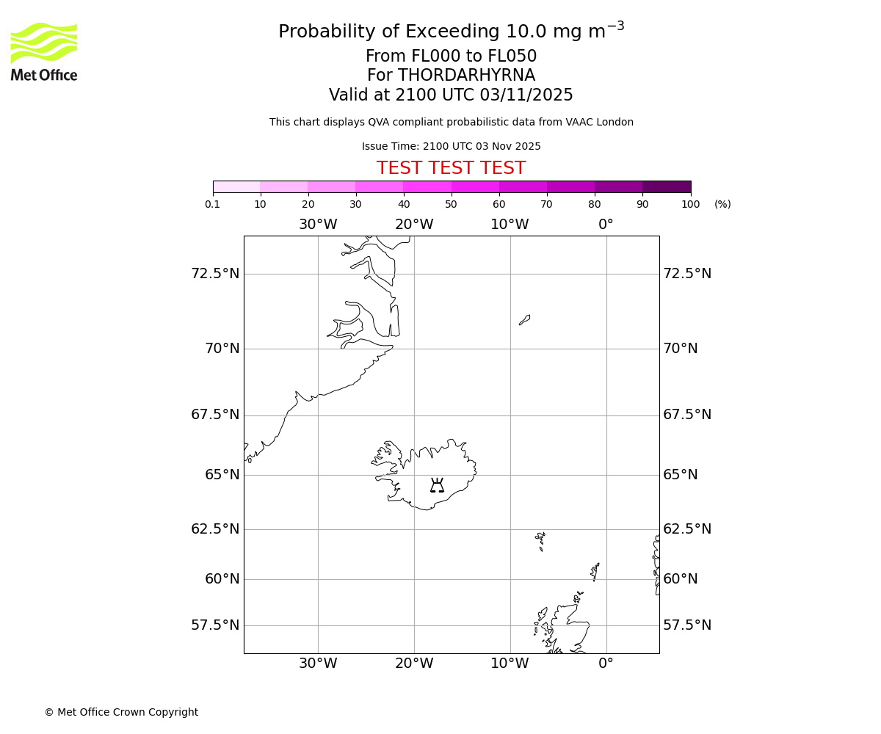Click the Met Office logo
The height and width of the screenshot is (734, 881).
tap(44, 51)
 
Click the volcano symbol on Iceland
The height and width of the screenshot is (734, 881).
tap(437, 485)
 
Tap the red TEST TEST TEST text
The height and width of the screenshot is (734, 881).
tap(451, 169)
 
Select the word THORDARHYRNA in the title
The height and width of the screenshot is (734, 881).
tap(466, 76)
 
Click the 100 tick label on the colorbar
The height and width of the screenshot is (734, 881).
tap(690, 204)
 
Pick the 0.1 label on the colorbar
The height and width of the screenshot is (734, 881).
tap(213, 204)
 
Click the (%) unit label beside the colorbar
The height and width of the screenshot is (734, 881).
tap(722, 204)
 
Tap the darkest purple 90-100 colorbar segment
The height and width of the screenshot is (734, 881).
tap(667, 186)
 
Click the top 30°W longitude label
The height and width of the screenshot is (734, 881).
tap(318, 225)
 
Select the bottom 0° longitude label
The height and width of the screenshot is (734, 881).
tap(606, 664)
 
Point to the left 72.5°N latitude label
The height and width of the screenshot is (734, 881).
tap(215, 274)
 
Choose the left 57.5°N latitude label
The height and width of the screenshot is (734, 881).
tap(215, 625)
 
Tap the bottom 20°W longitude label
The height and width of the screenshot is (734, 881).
tap(414, 664)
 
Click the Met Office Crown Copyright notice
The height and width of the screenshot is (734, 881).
tap(121, 712)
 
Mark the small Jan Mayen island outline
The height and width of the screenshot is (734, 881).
tap(524, 320)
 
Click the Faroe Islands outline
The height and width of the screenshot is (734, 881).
tap(540, 540)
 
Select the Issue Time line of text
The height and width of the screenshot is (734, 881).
tap(451, 147)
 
